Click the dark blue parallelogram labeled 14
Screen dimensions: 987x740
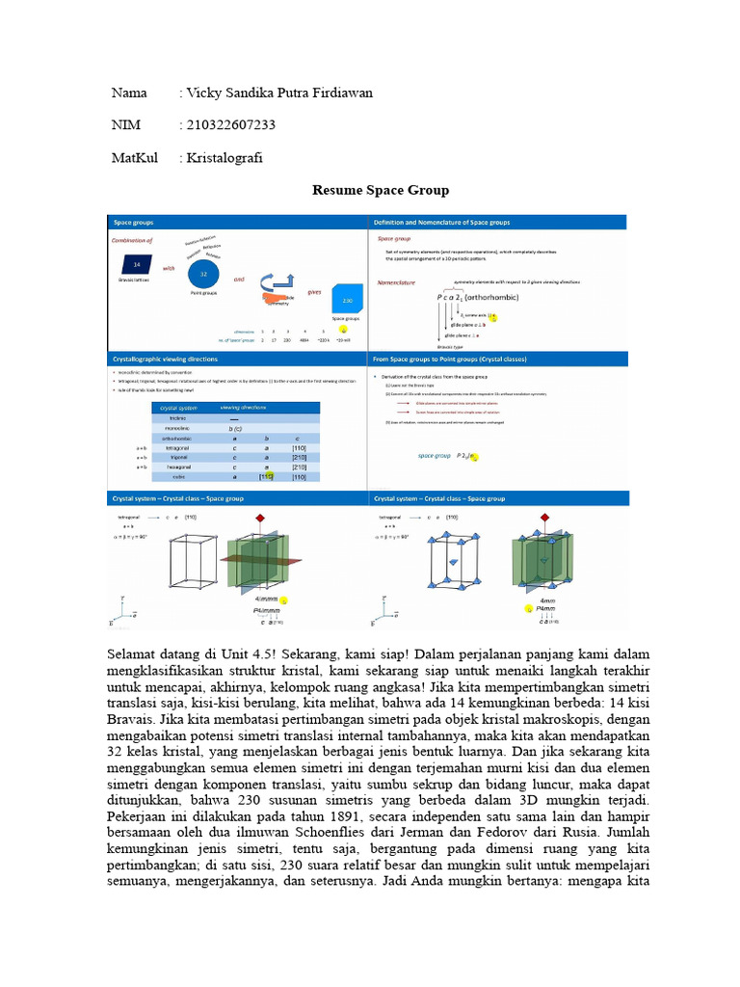137,263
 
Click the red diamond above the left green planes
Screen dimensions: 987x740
259,519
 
